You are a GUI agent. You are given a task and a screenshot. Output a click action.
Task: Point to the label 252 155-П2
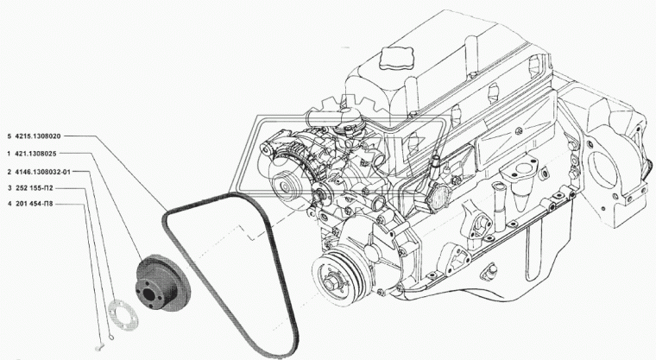[34, 188]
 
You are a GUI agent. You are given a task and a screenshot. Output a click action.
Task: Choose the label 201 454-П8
[34, 205]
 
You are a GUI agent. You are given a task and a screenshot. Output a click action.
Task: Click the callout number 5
[9, 136]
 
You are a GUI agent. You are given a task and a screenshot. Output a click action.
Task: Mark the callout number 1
[9, 154]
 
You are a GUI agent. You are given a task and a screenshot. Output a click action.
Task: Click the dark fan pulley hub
[162, 283]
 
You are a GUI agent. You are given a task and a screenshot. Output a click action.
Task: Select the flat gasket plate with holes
[123, 315]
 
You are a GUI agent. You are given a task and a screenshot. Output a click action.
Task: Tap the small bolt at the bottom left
[99, 347]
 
